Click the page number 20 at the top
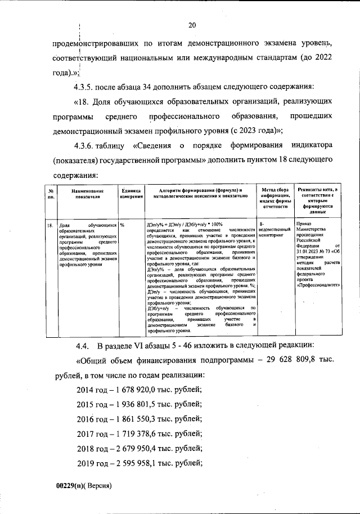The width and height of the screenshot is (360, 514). click(x=191, y=25)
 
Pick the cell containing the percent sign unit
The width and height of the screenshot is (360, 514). click(x=122, y=225)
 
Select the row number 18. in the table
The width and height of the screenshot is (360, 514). click(x=49, y=225)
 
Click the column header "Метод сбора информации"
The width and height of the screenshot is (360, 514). click(x=274, y=198)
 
